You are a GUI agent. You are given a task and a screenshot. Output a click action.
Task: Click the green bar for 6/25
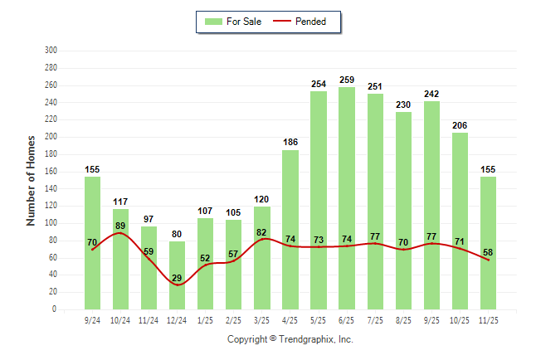347,198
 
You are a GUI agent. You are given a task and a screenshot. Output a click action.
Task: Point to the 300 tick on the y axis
51,51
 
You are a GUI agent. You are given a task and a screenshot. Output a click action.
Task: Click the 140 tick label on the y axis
51,188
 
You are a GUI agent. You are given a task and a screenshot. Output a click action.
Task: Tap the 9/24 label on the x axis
93,319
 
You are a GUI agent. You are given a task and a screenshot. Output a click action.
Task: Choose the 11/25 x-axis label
488,319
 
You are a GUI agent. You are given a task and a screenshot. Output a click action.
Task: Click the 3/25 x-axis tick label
262,319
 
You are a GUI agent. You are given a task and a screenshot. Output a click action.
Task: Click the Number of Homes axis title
31,180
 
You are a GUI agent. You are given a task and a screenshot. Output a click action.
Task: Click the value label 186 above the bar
290,144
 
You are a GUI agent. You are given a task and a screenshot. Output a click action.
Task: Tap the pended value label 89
121,226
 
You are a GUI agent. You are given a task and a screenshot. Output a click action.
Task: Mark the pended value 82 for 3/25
262,232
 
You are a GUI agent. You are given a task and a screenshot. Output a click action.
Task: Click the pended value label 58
488,252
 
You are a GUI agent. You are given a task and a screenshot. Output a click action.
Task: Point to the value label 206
460,126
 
